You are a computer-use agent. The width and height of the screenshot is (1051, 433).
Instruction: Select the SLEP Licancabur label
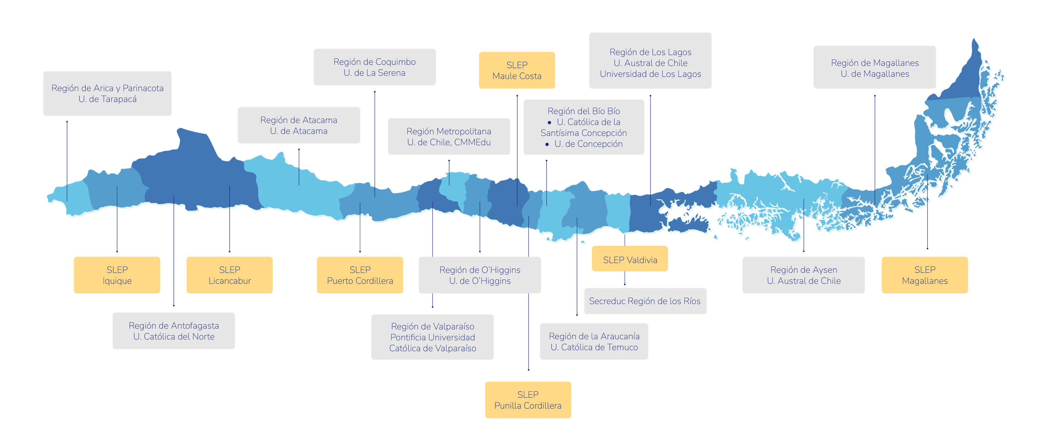click(x=229, y=275)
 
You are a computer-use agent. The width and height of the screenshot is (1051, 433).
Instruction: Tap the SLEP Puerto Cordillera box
click(x=360, y=275)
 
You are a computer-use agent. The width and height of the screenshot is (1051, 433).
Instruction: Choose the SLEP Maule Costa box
click(x=517, y=70)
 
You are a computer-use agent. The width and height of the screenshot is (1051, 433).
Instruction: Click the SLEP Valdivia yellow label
click(x=630, y=259)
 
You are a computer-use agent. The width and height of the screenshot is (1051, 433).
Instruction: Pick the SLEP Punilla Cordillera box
click(x=528, y=400)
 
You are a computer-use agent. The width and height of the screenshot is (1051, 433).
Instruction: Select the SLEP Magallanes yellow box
click(x=925, y=275)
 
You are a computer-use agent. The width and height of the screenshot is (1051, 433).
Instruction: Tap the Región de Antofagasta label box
click(x=174, y=331)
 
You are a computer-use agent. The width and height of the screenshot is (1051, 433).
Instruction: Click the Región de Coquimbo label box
click(x=374, y=67)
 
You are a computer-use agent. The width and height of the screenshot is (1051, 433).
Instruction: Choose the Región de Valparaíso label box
click(x=432, y=337)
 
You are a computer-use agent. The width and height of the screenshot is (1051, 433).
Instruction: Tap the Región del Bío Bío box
click(x=584, y=127)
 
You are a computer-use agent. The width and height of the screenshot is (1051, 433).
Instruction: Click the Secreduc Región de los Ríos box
click(x=645, y=301)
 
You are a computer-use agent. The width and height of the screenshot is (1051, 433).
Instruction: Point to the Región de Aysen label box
click(x=804, y=275)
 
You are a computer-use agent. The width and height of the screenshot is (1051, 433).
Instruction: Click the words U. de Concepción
click(x=588, y=144)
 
